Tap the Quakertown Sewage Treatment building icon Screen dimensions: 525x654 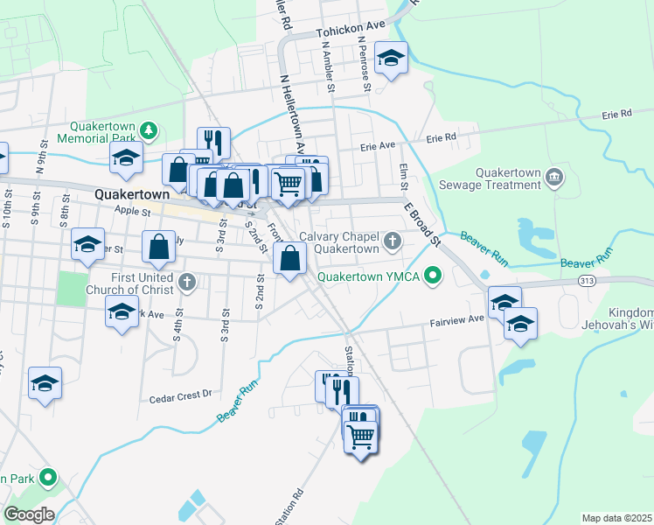point(554,178)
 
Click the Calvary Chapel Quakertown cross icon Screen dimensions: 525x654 point(393,239)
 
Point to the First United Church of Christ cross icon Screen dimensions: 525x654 point(185,282)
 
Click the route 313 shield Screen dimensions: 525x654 point(588,279)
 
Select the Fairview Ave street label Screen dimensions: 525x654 point(456,321)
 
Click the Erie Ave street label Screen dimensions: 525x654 point(379,146)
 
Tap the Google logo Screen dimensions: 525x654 point(29,514)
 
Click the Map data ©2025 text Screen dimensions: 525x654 point(616,518)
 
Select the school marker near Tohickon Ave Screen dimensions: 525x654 point(391,59)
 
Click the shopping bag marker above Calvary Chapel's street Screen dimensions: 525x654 point(289,259)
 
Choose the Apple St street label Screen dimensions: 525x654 point(132,211)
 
